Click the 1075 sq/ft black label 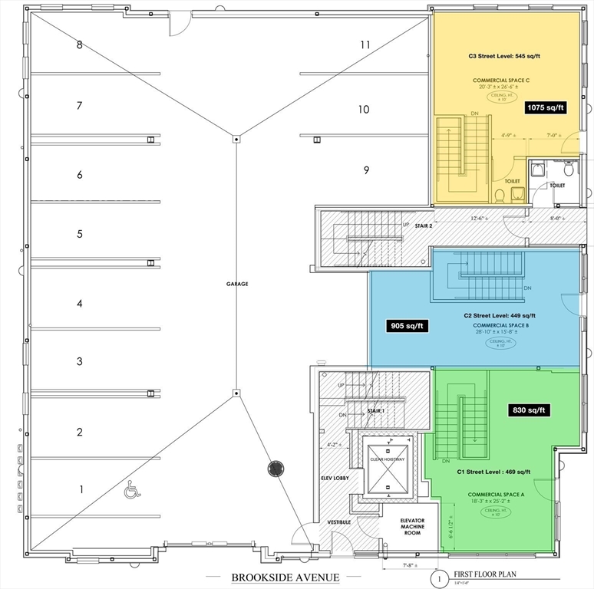click(546, 108)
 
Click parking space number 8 click(79, 44)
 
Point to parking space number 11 click(365, 44)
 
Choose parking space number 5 click(79, 233)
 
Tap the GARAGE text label click(236, 284)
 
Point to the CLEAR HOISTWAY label click(387, 459)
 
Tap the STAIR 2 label click(424, 226)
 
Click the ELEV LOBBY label click(335, 479)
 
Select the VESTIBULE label click(340, 522)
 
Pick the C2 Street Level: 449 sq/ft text click(500, 315)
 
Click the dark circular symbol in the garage click(276, 469)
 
